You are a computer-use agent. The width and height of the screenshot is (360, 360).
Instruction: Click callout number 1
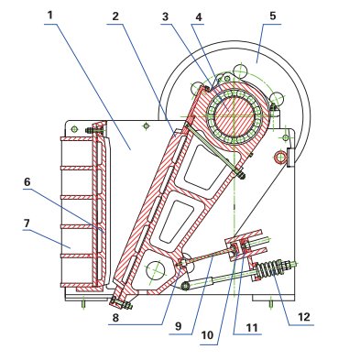50,16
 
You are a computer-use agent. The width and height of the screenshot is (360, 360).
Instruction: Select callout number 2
115,16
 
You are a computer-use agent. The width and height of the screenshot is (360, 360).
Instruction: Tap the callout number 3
166,16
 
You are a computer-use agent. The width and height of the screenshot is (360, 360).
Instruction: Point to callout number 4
199,17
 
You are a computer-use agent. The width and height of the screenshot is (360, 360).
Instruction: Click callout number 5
273,16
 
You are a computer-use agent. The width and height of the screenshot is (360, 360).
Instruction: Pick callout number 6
27,182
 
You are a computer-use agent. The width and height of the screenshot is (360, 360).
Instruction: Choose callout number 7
27,224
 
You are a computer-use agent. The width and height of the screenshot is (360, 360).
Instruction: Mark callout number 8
115,318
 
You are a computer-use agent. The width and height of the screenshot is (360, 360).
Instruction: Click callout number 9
179,326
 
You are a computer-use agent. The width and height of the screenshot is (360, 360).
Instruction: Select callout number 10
207,335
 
